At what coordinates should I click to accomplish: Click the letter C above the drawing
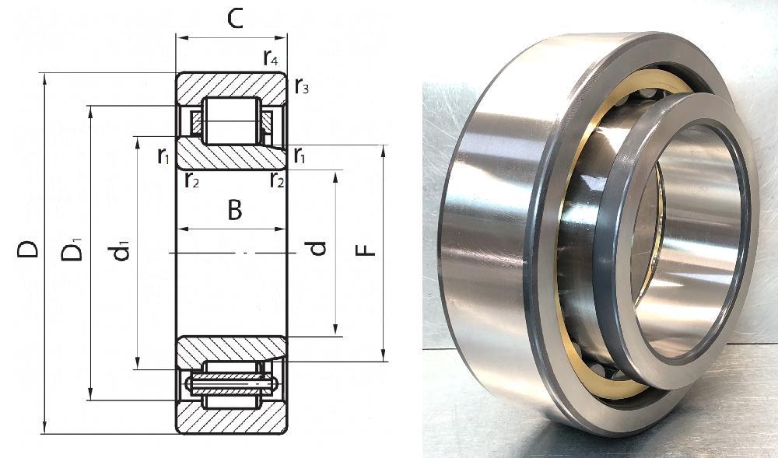click(235, 19)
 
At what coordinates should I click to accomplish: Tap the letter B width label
click(235, 210)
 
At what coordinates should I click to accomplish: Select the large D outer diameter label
click(27, 249)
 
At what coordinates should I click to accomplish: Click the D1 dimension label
click(72, 250)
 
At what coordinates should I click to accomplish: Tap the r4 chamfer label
click(271, 58)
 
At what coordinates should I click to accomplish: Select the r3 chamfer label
click(302, 86)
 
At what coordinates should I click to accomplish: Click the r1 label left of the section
click(163, 156)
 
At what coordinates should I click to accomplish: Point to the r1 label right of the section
click(300, 156)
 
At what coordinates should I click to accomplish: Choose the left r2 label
click(192, 180)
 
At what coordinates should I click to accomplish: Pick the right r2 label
click(278, 180)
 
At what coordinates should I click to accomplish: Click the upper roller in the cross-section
click(231, 121)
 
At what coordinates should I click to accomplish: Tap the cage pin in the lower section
click(231, 383)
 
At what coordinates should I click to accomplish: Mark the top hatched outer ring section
click(231, 88)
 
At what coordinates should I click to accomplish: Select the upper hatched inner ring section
click(231, 154)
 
